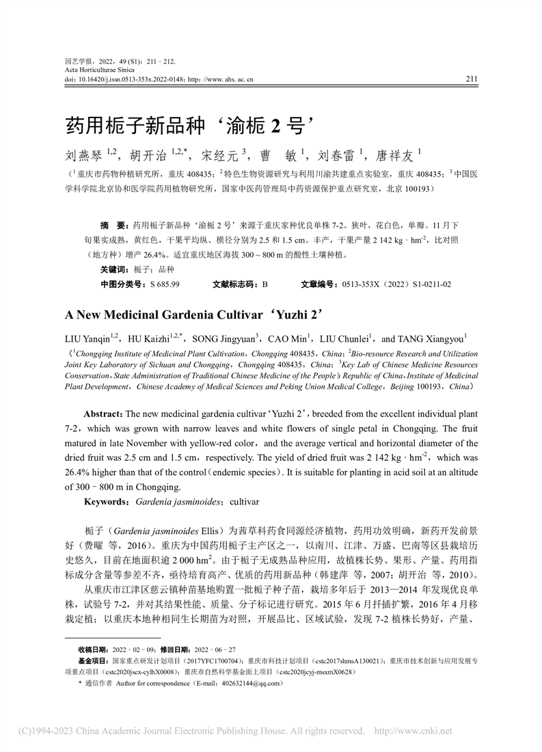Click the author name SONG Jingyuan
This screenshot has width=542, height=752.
tap(224, 338)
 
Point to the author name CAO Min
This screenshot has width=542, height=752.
tap(288, 338)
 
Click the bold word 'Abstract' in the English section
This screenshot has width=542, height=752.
tap(103, 415)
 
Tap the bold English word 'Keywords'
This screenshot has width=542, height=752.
tap(105, 502)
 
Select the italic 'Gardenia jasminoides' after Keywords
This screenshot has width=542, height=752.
tap(178, 502)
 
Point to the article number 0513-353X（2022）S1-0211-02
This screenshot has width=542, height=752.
tap(393, 284)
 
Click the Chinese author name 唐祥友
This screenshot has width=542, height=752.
tap(392, 155)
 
